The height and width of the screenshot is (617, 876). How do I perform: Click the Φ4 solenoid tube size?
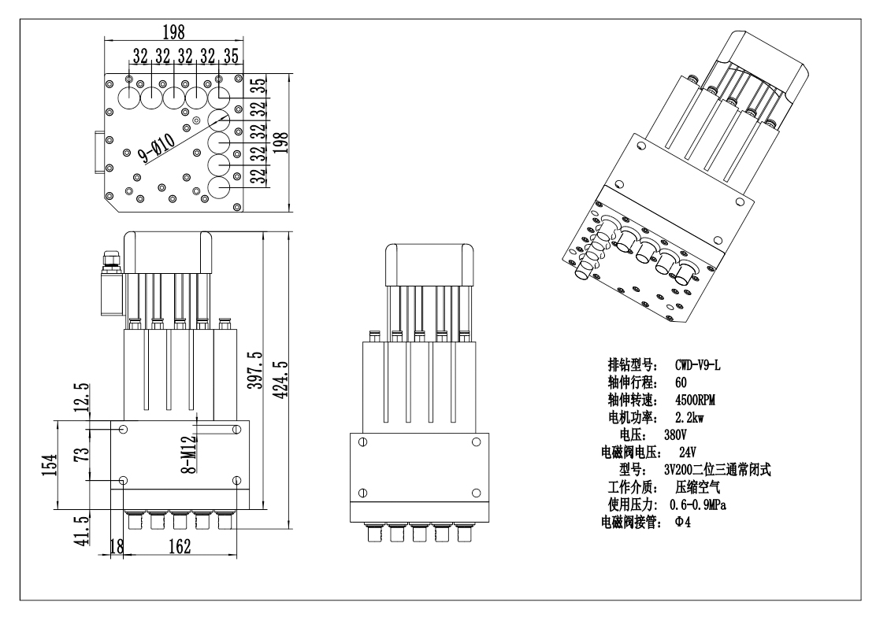pyautogui.click(x=682, y=521)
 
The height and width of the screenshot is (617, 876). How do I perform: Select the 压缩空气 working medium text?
pyautogui.click(x=696, y=486)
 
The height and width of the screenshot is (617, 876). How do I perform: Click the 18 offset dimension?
pyautogui.click(x=117, y=547)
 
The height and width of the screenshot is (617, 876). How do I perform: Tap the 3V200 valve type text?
pyautogui.click(x=727, y=469)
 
